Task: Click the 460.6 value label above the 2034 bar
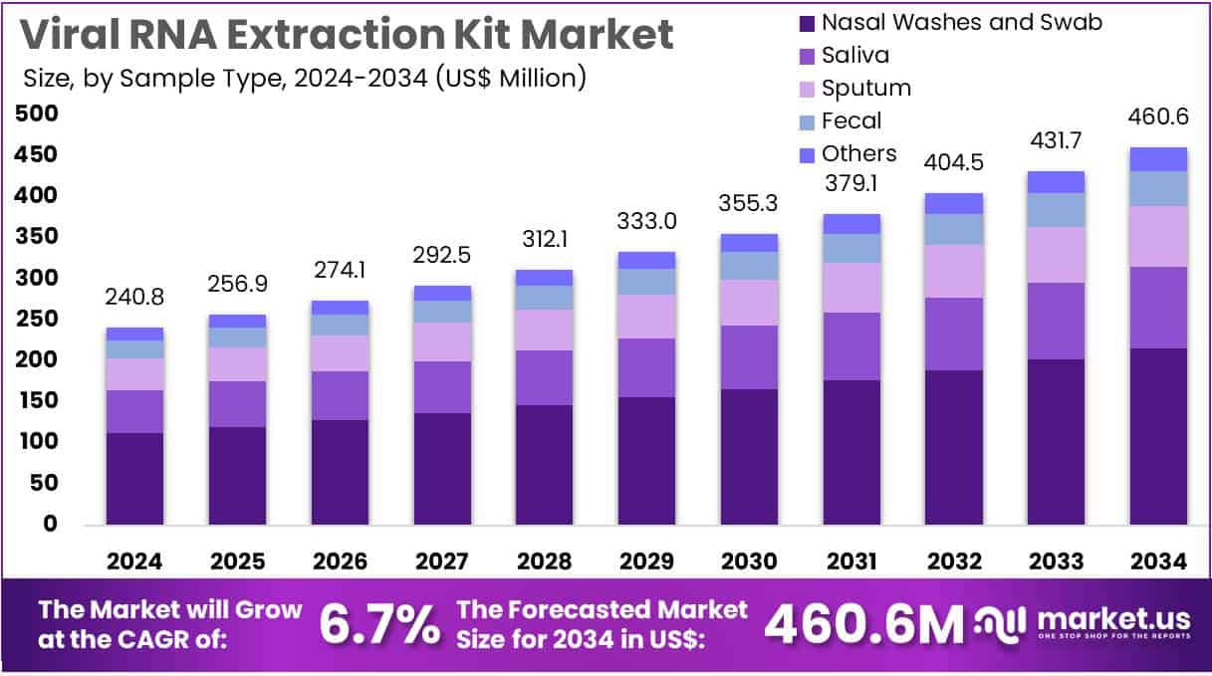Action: [x=1157, y=118]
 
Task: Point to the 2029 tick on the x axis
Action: [x=646, y=562]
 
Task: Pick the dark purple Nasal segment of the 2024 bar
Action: [x=134, y=478]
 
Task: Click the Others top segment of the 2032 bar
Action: [x=953, y=203]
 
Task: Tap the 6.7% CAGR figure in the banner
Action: [x=378, y=625]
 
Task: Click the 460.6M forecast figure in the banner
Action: [x=863, y=625]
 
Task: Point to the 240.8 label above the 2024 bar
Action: [x=134, y=298]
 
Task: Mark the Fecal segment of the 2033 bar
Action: [x=1056, y=209]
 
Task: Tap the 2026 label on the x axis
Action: [x=340, y=562]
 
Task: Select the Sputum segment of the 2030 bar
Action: [x=749, y=302]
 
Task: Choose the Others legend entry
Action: [x=858, y=153]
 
